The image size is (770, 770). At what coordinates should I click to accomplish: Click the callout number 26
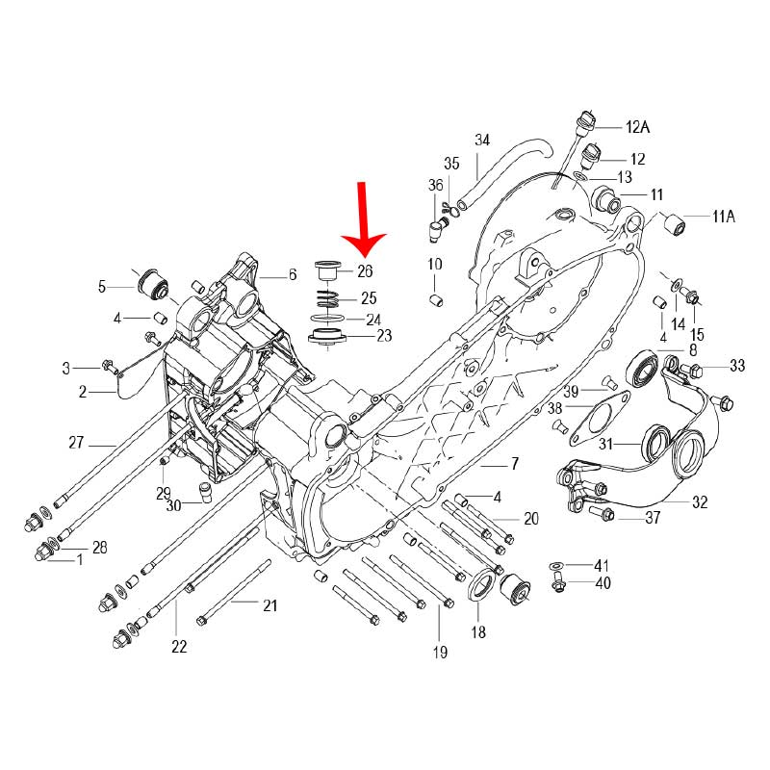(365, 271)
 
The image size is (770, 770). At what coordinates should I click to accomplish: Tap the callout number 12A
(638, 127)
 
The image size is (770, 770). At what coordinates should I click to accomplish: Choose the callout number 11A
(724, 217)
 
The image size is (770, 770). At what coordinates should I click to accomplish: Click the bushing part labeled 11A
(678, 224)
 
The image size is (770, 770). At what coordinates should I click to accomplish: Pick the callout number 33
(737, 366)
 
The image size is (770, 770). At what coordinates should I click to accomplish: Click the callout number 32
(700, 502)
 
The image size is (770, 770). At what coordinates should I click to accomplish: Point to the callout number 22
(179, 647)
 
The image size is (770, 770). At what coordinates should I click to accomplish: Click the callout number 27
(77, 444)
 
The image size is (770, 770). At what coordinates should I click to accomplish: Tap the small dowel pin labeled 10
(435, 302)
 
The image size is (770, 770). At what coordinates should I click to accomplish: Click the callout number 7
(514, 464)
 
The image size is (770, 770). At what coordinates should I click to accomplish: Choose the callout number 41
(602, 565)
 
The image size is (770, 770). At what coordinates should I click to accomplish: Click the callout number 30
(173, 506)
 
